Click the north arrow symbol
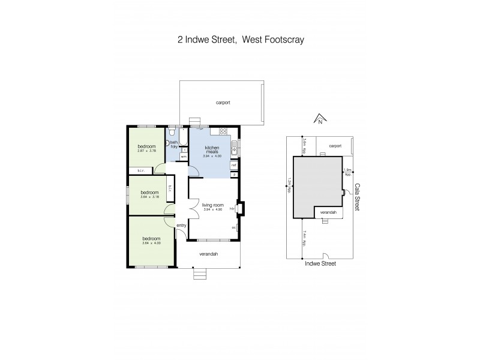tap(320, 119)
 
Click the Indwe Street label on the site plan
tap(320, 263)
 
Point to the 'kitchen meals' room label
tap(212, 150)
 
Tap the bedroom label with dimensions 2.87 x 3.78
tap(147, 149)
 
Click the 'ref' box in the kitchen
tap(235, 165)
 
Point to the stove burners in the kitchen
tap(223, 131)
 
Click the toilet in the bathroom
tap(172, 131)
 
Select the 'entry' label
tap(181, 225)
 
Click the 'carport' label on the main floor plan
tap(223, 103)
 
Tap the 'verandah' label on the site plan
tap(328, 212)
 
